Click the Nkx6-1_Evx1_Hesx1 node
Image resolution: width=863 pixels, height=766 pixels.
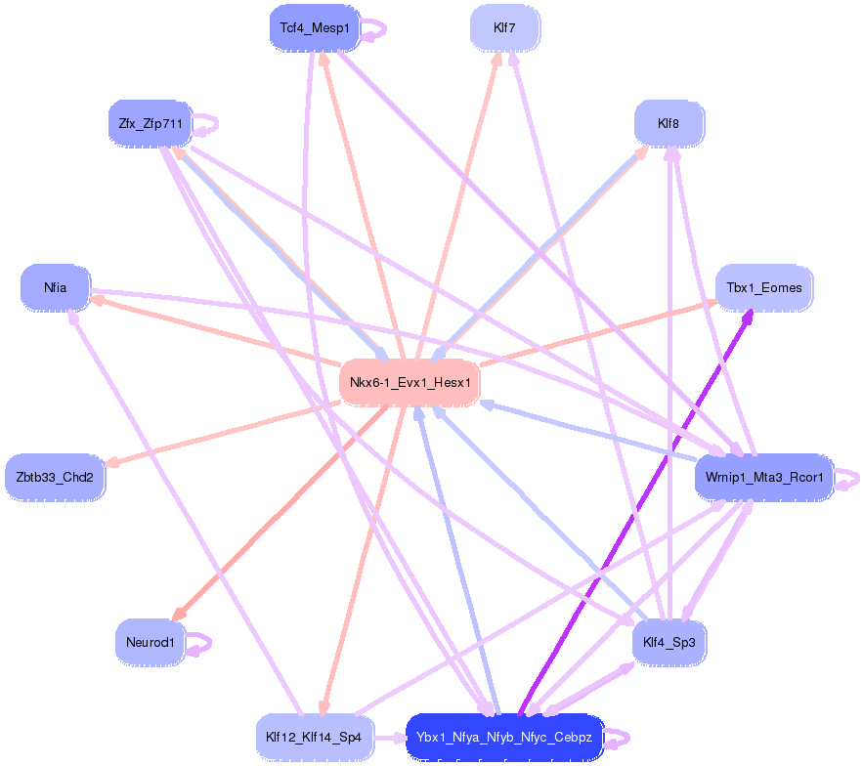click(x=410, y=382)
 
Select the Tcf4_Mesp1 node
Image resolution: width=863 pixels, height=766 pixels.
click(x=314, y=28)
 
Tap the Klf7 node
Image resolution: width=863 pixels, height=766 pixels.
click(x=504, y=28)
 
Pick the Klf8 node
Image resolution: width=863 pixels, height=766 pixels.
click(x=669, y=124)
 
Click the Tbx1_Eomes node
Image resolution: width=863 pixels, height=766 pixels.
click(x=764, y=288)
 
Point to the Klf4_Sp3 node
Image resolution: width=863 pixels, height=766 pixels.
click(x=669, y=643)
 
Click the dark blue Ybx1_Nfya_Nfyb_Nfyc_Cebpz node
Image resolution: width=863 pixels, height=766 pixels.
click(x=504, y=737)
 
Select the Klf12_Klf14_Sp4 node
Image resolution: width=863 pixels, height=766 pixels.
click(x=314, y=737)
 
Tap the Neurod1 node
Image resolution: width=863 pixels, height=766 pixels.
click(x=150, y=643)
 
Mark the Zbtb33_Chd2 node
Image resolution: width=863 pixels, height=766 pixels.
click(x=55, y=479)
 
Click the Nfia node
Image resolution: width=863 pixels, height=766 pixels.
click(x=55, y=288)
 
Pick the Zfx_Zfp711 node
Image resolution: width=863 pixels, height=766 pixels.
click(x=150, y=124)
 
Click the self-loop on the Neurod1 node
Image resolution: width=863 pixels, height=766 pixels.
click(x=200, y=643)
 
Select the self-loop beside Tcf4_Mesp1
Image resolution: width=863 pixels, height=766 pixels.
click(x=376, y=29)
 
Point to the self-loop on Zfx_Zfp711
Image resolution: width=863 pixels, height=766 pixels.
click(x=207, y=124)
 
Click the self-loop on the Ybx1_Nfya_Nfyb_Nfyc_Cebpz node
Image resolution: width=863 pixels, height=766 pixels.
click(x=620, y=738)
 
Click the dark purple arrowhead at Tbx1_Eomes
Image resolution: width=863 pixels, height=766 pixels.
click(x=748, y=317)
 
